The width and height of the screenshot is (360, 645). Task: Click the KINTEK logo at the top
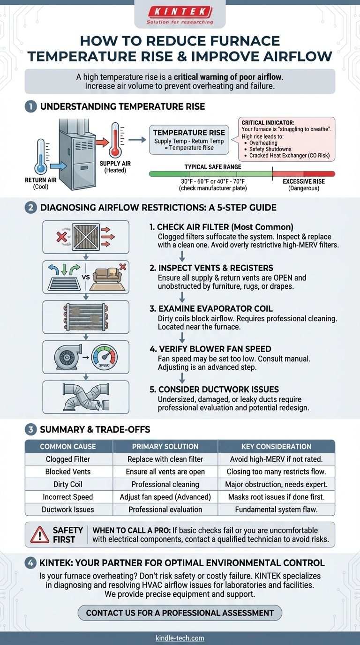coord(180,15)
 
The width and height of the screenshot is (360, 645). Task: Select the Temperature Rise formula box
coord(189,140)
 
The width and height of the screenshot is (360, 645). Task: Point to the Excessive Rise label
coord(304,181)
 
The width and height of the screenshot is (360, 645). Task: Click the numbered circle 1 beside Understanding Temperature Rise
coord(30,107)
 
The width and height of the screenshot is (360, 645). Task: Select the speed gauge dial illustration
coord(104,357)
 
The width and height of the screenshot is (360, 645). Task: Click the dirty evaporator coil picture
coord(86,317)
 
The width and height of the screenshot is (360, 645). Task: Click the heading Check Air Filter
coord(221,227)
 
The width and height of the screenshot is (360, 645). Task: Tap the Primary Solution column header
coord(165,446)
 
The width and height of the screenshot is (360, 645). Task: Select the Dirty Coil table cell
coord(68,484)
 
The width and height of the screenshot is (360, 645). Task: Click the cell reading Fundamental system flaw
coord(276,510)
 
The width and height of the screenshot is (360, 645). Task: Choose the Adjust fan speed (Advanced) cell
coord(165,497)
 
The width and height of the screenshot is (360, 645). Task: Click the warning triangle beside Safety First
coord(40,535)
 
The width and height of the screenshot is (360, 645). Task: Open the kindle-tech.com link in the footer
coord(180,638)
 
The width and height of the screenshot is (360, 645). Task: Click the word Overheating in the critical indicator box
coord(263,143)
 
